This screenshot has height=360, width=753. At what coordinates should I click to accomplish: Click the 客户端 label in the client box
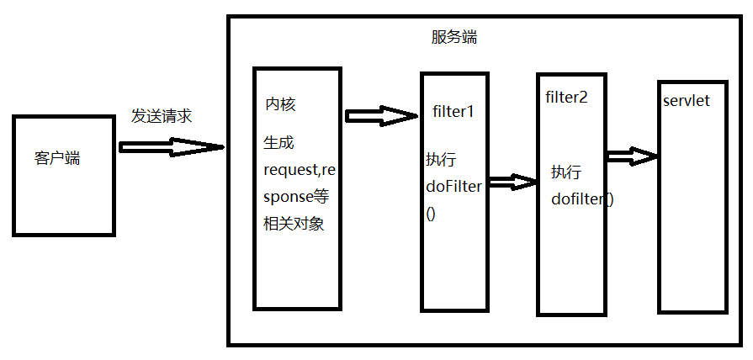pos(57,157)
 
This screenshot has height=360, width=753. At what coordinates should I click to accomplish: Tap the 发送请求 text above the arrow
pos(161,116)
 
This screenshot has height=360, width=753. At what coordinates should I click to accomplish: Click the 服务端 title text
pos(454,38)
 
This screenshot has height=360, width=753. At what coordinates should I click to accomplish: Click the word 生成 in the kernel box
pos(278,143)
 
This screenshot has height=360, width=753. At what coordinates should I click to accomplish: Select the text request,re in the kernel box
pos(299,170)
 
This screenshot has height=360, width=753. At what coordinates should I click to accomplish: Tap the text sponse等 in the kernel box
pos(297,197)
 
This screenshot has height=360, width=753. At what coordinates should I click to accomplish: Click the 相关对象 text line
pos(294,225)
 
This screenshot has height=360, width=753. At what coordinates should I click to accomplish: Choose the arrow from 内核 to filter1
pos(379,115)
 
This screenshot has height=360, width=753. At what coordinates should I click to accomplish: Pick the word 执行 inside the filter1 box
pos(441,160)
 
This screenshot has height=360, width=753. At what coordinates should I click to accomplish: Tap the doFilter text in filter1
pos(453,187)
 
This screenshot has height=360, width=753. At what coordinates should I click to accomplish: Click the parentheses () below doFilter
pos(431,214)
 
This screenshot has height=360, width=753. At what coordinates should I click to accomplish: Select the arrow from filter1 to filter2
pos(512,182)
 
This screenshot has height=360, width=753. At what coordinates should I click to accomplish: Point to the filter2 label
pos(566,96)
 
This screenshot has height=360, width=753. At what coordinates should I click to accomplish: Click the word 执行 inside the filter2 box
pos(565,172)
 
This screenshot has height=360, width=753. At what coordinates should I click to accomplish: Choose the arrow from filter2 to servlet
pos(631,156)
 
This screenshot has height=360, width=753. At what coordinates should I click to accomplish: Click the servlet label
pos(686,100)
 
